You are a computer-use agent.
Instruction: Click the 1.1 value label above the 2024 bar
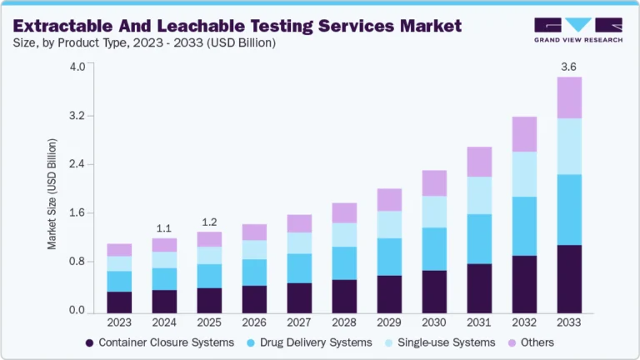pyautogui.click(x=164, y=227)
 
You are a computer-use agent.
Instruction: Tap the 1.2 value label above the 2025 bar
pyautogui.click(x=210, y=222)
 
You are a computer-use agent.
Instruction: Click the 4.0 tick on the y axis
pyautogui.click(x=77, y=67)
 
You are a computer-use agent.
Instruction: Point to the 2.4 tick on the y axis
pyautogui.click(x=77, y=164)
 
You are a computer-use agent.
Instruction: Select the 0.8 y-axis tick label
pyautogui.click(x=77, y=262)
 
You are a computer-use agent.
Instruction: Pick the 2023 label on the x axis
pyautogui.click(x=119, y=321)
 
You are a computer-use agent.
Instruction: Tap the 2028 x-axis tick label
pyautogui.click(x=345, y=321)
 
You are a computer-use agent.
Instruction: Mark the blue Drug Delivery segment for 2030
pyautogui.click(x=434, y=248)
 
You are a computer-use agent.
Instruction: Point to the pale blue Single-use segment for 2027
pyautogui.click(x=300, y=242)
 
